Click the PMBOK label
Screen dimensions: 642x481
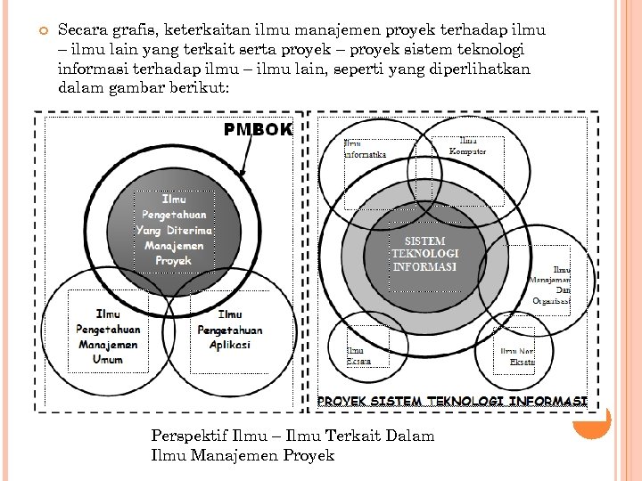point(258,130)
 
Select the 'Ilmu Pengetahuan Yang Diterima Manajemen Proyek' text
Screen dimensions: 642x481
point(174,230)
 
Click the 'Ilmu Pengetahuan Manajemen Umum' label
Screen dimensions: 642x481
point(108,336)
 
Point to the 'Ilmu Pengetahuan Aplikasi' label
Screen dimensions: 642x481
point(229,329)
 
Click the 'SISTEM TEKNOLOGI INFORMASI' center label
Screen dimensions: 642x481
point(424,254)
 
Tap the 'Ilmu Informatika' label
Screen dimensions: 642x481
point(366,149)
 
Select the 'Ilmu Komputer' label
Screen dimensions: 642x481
point(473,146)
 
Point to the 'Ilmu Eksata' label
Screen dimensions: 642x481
point(358,356)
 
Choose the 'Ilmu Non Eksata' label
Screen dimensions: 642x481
point(517,356)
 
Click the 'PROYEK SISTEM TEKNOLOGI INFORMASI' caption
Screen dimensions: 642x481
point(452,402)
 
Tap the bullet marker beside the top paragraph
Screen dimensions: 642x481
point(38,31)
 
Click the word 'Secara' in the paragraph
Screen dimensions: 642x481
point(81,30)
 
